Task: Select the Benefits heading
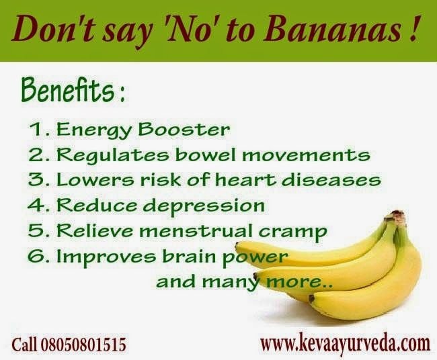(x=70, y=90)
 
